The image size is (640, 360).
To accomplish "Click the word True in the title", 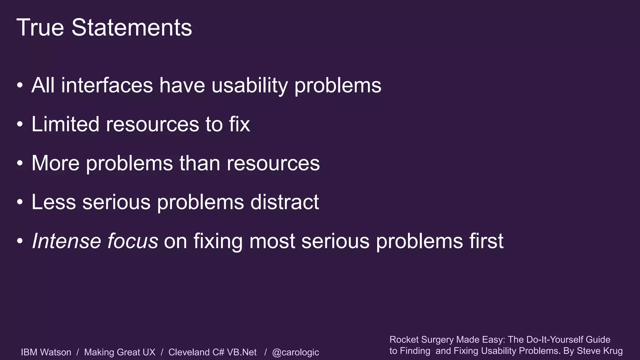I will point(40,27).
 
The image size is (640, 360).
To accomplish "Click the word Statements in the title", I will point(132,27).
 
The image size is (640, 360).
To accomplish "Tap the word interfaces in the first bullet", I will point(107,85).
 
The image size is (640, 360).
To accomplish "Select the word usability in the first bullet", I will point(249,85).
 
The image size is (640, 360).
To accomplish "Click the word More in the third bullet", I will point(55,163).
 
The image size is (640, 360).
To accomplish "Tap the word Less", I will point(53,202).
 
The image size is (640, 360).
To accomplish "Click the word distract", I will point(284,202).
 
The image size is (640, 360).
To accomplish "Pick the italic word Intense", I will point(66,241).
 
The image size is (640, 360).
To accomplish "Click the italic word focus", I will point(132,241).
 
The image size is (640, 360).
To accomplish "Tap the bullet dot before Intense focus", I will point(20,242).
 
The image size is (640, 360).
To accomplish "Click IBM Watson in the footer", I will point(46,352).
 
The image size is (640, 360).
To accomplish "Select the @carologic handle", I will point(295,352).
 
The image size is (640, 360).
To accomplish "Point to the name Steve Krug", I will point(599,351).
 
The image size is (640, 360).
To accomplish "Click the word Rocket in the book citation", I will point(404,340).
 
